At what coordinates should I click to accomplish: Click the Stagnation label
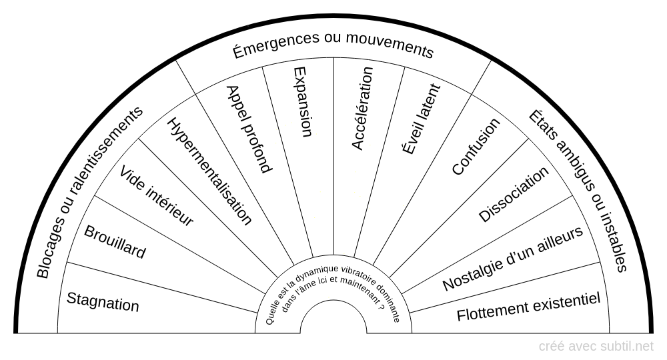click(x=103, y=302)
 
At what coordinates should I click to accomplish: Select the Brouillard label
click(x=115, y=241)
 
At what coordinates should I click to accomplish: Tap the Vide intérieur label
click(x=156, y=195)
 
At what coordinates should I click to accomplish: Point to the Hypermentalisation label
click(x=210, y=171)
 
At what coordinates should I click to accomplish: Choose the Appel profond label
click(x=249, y=129)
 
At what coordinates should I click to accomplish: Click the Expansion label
click(x=303, y=101)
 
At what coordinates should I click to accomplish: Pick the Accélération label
click(x=362, y=109)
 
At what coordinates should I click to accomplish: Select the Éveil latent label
click(x=421, y=119)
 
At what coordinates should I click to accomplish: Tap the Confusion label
click(x=476, y=146)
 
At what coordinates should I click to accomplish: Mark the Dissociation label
click(x=514, y=194)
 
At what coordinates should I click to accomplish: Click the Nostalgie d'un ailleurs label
click(x=512, y=259)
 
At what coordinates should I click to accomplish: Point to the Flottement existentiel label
click(x=528, y=307)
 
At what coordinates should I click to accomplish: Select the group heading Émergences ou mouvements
click(x=333, y=45)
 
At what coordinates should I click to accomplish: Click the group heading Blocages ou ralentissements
click(x=89, y=192)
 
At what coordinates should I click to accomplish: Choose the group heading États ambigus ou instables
click(x=578, y=191)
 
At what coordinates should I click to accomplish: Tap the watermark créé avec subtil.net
click(x=596, y=347)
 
